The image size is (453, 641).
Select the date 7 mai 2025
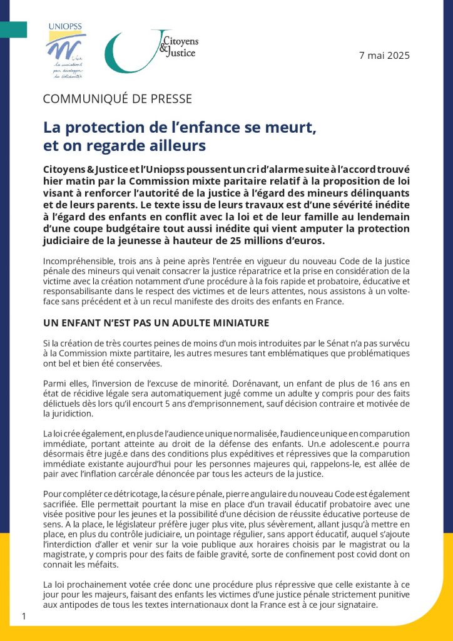[x=384, y=55]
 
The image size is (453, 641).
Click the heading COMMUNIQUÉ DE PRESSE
[x=117, y=99]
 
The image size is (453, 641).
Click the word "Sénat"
[x=338, y=344]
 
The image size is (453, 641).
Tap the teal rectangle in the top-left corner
[x=13, y=29]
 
